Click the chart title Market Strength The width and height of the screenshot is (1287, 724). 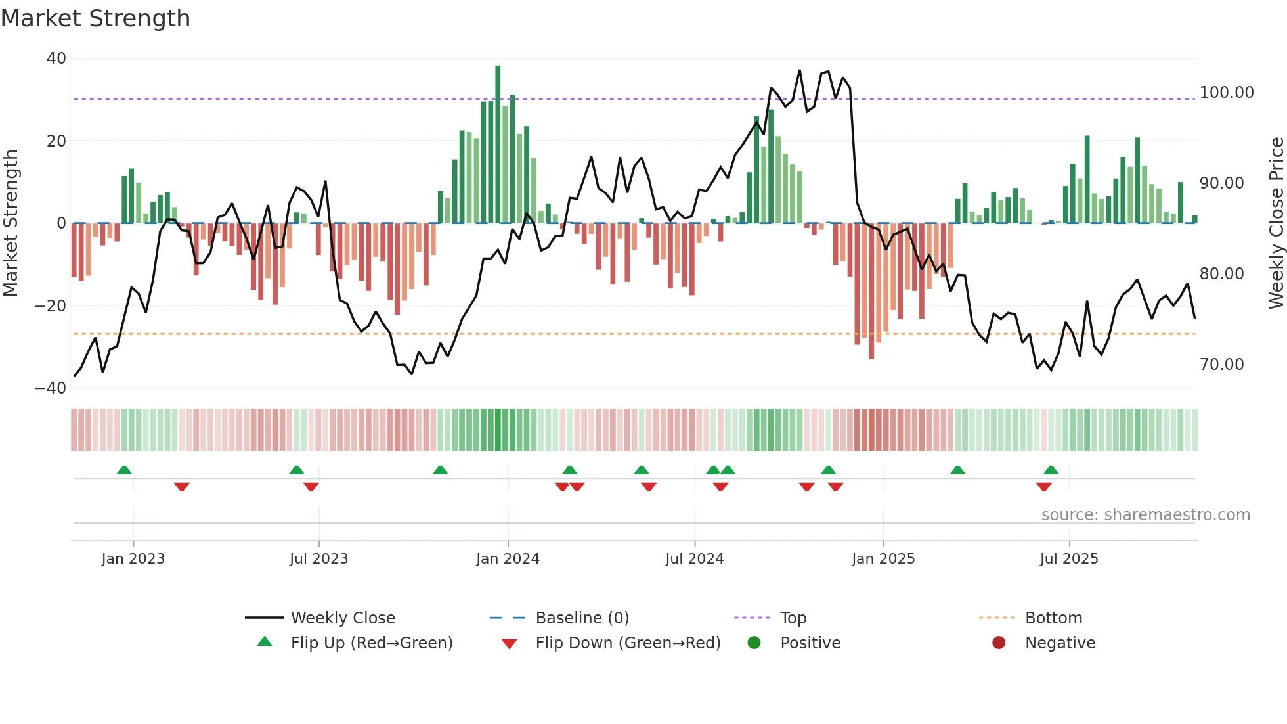click(95, 18)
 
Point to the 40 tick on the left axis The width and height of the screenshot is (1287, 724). click(56, 58)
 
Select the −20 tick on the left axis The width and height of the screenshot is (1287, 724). click(51, 306)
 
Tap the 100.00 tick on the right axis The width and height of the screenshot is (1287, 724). click(1227, 93)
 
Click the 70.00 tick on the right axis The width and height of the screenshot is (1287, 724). click(1221, 365)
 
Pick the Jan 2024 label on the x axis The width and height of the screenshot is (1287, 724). click(508, 559)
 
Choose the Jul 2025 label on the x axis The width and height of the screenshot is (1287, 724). click(1069, 559)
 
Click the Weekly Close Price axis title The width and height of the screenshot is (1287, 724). click(1276, 223)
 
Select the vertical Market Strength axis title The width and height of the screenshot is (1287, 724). click(11, 223)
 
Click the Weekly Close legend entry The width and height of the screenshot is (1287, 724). click(343, 618)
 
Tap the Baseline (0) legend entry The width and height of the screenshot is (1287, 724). click(582, 618)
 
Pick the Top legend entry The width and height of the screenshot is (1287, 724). click(793, 618)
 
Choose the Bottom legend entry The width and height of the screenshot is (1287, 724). click(1053, 618)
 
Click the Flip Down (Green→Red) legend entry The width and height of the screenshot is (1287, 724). click(628, 643)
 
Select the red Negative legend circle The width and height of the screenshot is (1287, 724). click(999, 643)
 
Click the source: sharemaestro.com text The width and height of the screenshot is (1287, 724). click(1145, 515)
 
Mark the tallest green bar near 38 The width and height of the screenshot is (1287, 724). click(498, 145)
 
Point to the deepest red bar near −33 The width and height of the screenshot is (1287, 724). click(871, 291)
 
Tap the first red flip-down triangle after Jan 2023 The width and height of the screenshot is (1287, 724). click(182, 487)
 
